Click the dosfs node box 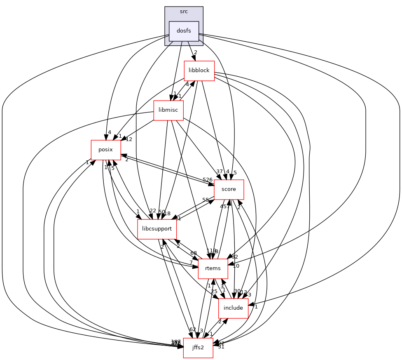pos(184,31)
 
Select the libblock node pos(199,70)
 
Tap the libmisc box pos(168,110)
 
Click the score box pos(229,189)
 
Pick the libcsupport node pos(157,229)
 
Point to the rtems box pos(213,268)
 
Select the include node pos(233,308)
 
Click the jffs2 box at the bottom pos(198,348)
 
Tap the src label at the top pos(184,11)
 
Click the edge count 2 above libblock pos(196,52)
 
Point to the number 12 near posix pos(129,139)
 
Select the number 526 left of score pos(208,179)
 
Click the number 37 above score pos(219,172)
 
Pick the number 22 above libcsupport pos(152,211)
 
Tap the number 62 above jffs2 pos(192,329)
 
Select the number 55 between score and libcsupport pos(205,200)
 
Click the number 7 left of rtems pos(191,263)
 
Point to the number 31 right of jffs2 pos(221,347)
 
